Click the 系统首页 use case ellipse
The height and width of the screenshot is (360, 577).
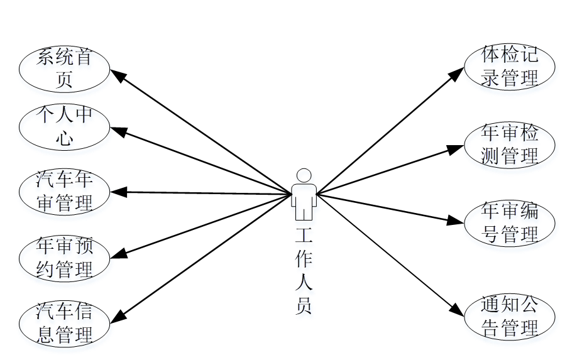coord(65,68)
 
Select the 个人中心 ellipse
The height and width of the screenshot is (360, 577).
coord(65,127)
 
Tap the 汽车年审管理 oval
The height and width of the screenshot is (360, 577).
coord(65,192)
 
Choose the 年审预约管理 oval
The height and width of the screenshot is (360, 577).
coord(65,258)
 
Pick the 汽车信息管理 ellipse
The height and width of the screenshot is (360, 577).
coord(65,323)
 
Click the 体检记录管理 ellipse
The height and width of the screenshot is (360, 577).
coord(510,66)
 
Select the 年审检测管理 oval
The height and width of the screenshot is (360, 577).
coord(510,144)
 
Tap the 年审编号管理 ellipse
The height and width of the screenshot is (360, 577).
coord(510,222)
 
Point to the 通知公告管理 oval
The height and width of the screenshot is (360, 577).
coord(510,317)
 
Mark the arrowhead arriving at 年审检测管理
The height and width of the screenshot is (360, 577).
coord(458,149)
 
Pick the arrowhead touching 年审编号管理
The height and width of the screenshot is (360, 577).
coord(459,220)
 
